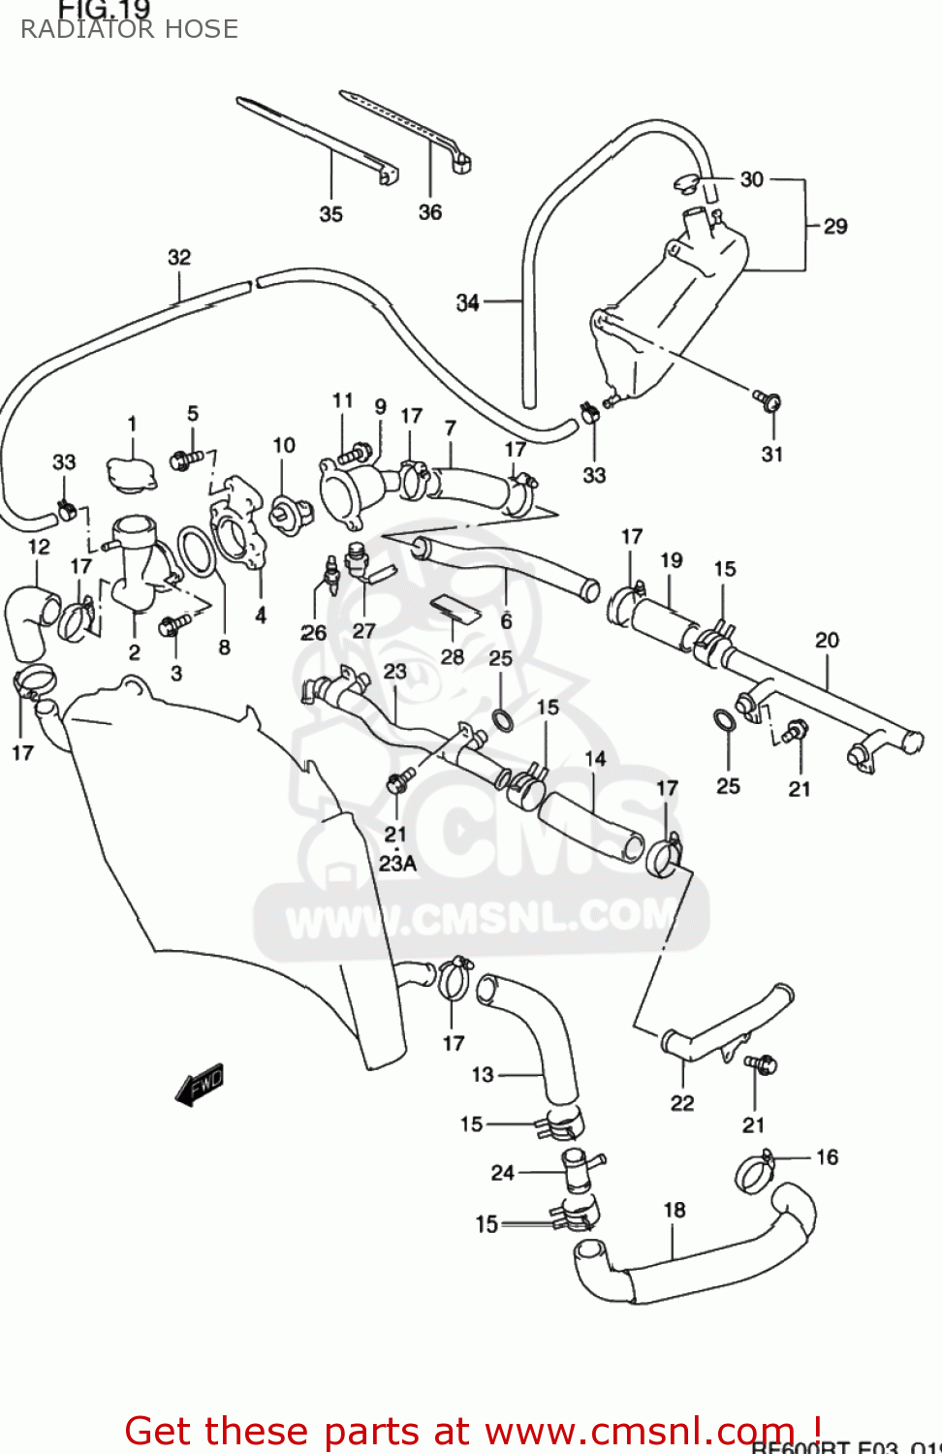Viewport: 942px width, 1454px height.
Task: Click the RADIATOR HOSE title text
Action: (129, 29)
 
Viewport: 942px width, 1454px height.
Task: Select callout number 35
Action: (331, 214)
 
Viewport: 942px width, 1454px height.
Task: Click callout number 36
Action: (429, 212)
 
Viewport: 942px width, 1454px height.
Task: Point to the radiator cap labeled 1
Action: (131, 474)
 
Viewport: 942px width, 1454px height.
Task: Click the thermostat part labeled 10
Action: (289, 512)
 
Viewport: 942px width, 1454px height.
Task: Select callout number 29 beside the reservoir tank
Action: (835, 227)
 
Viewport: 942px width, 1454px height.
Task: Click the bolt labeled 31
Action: (768, 398)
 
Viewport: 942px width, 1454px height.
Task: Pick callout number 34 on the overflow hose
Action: (468, 302)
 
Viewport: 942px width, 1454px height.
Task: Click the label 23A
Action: (397, 863)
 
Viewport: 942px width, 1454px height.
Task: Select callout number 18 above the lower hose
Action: (675, 1210)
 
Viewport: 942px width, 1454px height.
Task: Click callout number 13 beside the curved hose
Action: (483, 1074)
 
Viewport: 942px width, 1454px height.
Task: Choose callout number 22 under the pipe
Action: (682, 1103)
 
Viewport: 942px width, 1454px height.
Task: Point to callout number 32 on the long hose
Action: (179, 257)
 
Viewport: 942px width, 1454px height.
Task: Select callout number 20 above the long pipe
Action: (827, 640)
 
